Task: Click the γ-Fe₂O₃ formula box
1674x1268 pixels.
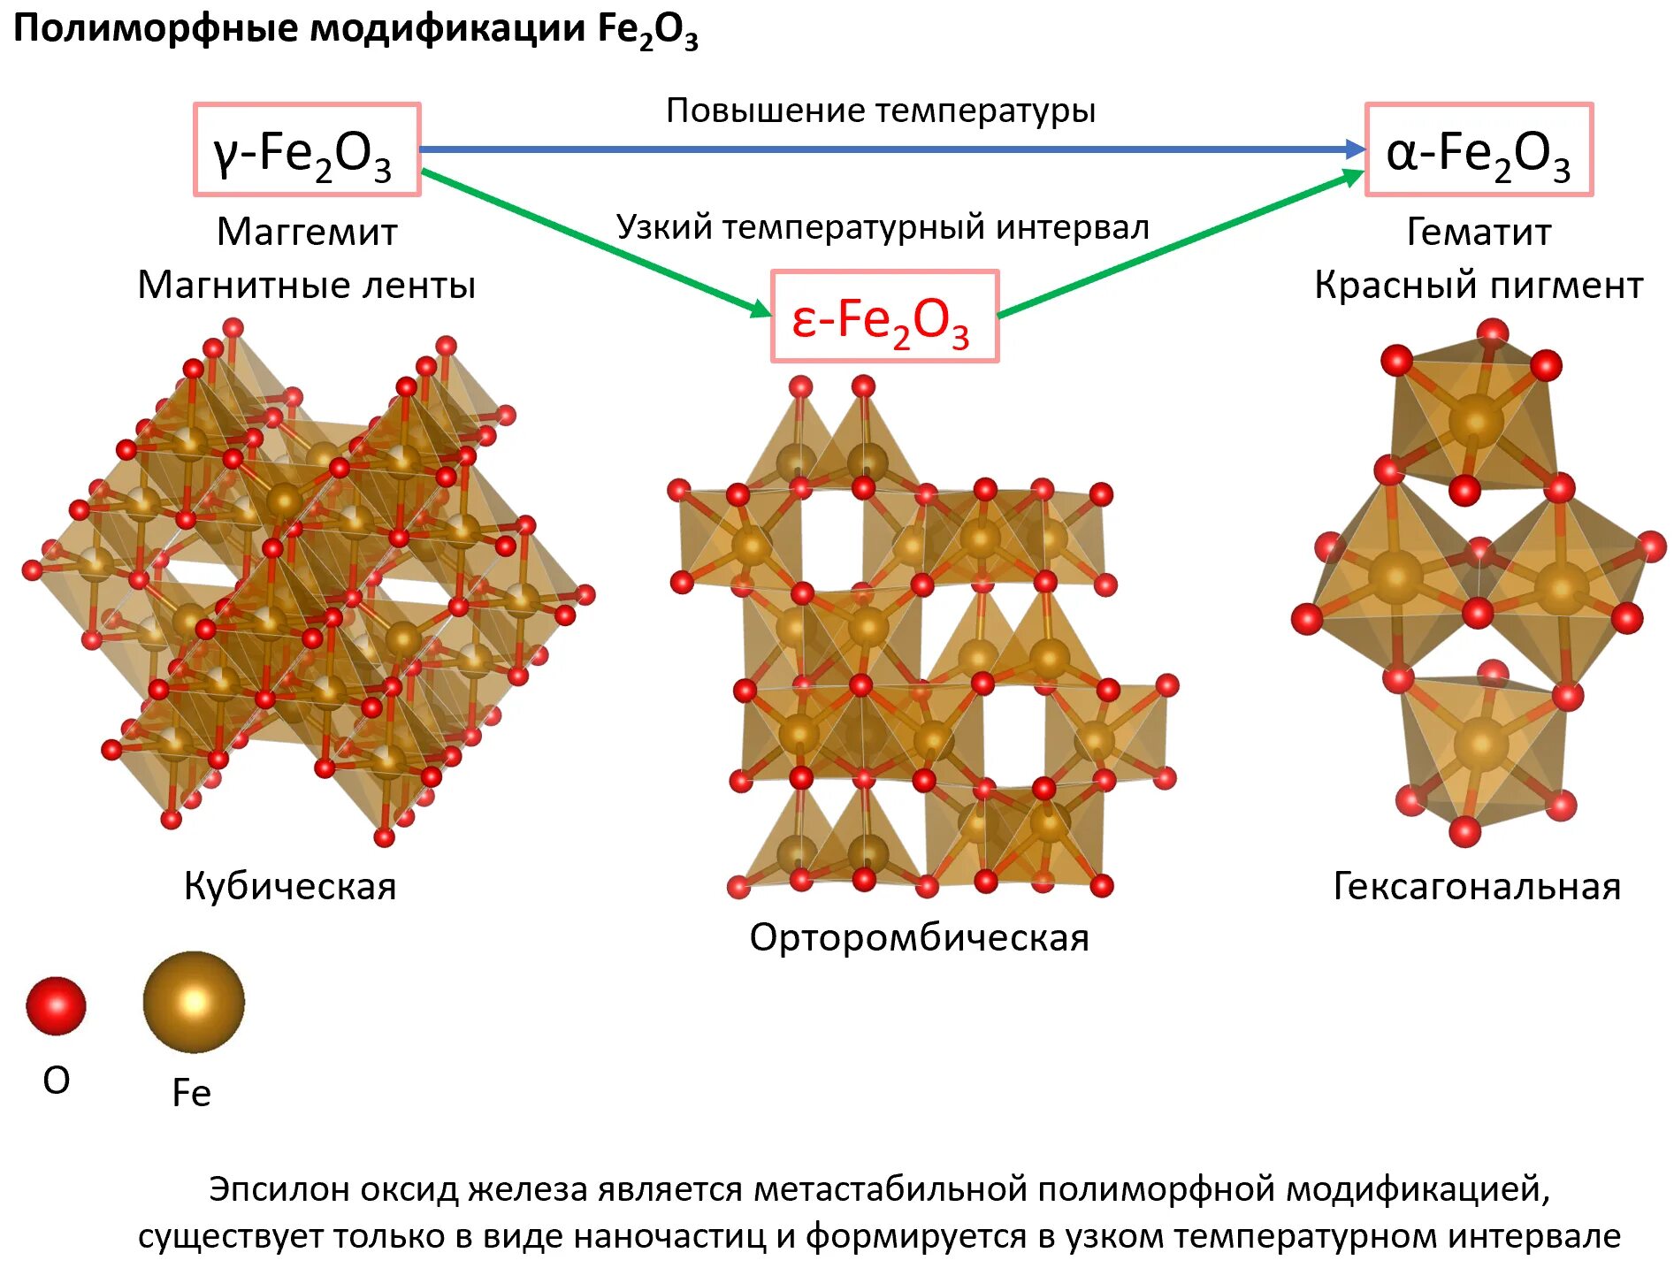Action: click(x=307, y=150)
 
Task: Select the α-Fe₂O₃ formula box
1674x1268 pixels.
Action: click(x=1478, y=150)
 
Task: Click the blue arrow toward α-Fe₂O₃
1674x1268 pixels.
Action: click(x=884, y=149)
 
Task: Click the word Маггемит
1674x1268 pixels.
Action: click(x=307, y=232)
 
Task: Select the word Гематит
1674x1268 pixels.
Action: click(x=1479, y=232)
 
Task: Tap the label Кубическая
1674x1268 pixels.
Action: click(x=290, y=886)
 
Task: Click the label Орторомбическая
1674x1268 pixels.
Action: click(x=919, y=937)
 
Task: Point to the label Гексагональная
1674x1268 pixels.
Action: click(x=1477, y=886)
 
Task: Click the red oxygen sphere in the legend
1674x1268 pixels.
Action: click(x=56, y=1005)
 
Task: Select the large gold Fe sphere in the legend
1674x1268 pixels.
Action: click(x=194, y=1002)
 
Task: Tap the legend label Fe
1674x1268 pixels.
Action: click(x=191, y=1093)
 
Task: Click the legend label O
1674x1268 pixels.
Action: click(x=56, y=1080)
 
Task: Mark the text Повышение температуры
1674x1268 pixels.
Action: click(x=881, y=111)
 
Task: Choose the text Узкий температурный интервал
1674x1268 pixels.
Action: click(x=883, y=227)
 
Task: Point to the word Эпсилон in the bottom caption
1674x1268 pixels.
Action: click(x=270, y=1189)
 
